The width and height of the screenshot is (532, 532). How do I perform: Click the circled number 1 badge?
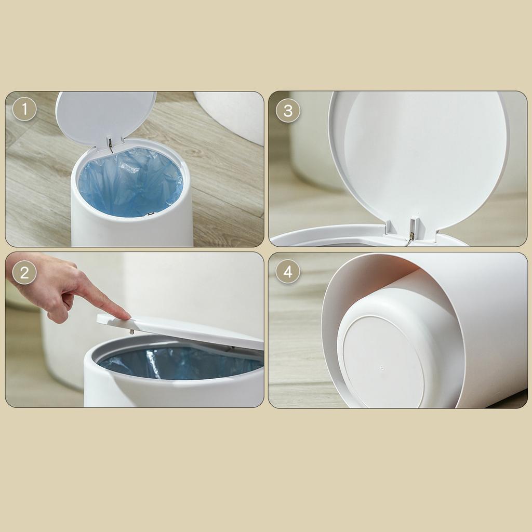tap(24, 110)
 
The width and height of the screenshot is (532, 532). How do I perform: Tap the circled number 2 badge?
tap(24, 272)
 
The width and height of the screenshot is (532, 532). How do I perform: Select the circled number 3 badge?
tap(288, 111)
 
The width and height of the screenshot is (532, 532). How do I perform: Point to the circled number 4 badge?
tap(288, 271)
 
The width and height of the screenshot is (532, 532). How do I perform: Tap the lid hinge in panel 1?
tap(110, 142)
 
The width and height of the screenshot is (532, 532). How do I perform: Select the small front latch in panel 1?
tap(150, 214)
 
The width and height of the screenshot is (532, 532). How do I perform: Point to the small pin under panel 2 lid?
tap(131, 331)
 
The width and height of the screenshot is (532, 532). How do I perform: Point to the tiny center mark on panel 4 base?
tap(382, 367)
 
